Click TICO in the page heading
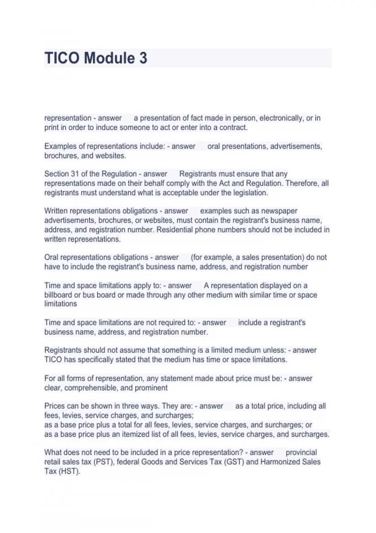[62, 58]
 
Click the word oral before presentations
[214, 146]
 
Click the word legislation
[250, 193]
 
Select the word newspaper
[280, 211]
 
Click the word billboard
[58, 295]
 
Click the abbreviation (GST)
[234, 462]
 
